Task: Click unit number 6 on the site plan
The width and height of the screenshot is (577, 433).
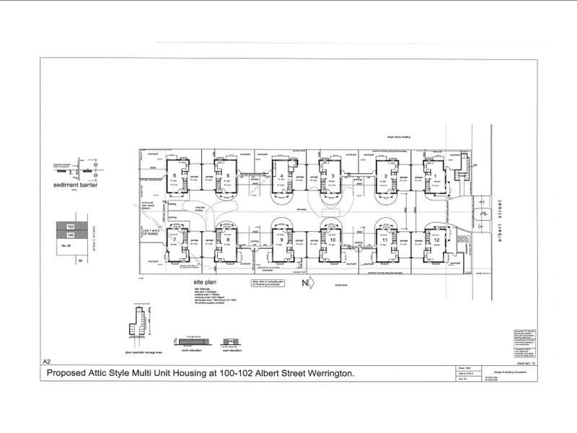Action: click(174, 175)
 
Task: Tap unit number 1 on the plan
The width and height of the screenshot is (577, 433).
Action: click(434, 175)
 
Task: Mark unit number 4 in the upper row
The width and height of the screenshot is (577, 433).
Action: click(281, 175)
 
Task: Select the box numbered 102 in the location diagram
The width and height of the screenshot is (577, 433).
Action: click(71, 226)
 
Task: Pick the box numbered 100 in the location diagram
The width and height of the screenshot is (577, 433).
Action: click(71, 235)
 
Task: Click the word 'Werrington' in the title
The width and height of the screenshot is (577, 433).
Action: click(328, 373)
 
